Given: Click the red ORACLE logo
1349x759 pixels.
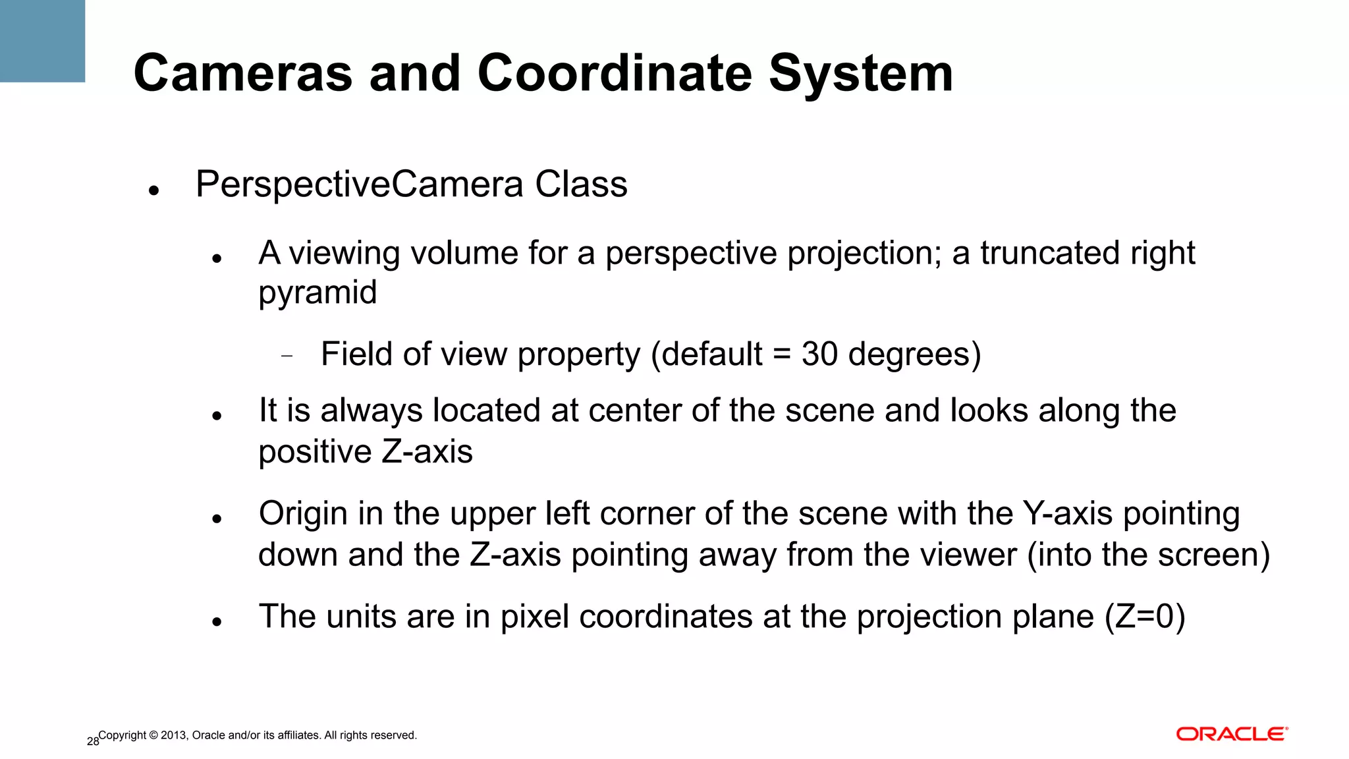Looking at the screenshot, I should click(x=1232, y=735).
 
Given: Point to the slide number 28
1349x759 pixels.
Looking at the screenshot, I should click(x=92, y=742).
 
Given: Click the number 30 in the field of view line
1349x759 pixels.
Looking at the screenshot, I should click(x=819, y=354).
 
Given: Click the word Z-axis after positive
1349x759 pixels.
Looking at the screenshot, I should click(x=427, y=452).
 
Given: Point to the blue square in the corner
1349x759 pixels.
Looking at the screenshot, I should click(x=42, y=41).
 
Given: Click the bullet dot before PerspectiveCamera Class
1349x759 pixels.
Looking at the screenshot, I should click(x=154, y=192).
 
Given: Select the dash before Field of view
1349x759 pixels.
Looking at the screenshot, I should click(x=287, y=356).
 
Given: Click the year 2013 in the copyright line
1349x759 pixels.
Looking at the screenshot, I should click(x=174, y=735).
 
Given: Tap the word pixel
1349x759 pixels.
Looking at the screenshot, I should click(x=534, y=617).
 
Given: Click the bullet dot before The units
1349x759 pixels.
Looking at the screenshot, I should click(x=216, y=621).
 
